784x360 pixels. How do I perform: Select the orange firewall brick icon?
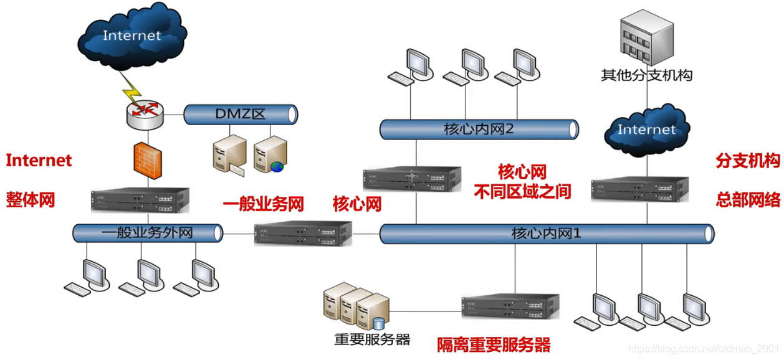[148, 159]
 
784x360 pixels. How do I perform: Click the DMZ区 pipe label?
[241, 115]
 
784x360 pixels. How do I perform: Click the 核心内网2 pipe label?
[478, 130]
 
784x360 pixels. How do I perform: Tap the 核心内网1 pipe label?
[546, 234]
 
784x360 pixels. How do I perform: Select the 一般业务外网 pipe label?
[147, 233]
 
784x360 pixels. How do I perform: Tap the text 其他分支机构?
[646, 76]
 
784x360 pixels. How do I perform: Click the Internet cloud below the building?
[646, 130]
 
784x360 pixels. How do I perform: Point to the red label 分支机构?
[748, 161]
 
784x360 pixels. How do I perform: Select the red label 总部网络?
[748, 200]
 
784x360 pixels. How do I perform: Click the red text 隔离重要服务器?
[494, 344]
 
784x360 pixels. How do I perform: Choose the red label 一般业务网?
[263, 204]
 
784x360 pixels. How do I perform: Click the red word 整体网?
[31, 200]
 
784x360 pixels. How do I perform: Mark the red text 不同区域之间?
[522, 192]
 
